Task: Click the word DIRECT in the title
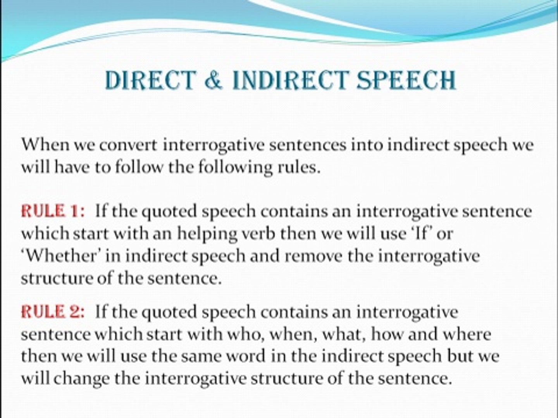coord(149,81)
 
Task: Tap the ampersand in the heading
coord(213,81)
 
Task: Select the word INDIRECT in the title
coord(289,81)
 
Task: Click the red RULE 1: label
coord(53,211)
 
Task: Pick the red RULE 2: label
coord(53,312)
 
